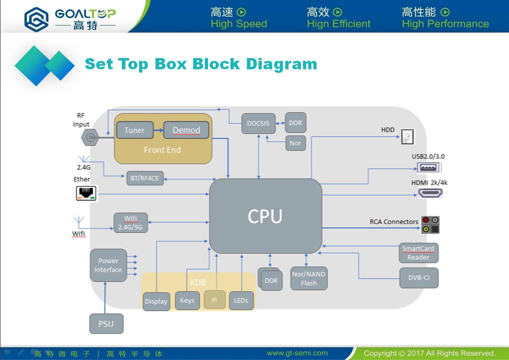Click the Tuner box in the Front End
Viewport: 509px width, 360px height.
[135, 130]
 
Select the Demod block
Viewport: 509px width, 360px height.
[186, 130]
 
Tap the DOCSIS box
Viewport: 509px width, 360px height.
[259, 123]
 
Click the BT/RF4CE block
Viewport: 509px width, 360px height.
[145, 178]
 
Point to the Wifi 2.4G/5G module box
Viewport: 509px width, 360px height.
[131, 223]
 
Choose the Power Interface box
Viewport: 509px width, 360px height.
[108, 265]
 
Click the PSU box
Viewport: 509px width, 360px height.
[106, 324]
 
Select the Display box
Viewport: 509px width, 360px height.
[156, 302]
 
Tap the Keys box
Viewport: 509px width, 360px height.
[188, 300]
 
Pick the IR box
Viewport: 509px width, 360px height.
[214, 300]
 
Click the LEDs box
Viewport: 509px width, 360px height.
[241, 300]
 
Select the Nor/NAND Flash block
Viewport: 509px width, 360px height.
[309, 279]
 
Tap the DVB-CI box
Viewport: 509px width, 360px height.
[419, 278]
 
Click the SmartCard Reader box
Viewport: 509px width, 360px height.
[418, 253]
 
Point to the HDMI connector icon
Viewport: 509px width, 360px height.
[430, 193]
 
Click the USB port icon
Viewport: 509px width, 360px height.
[428, 168]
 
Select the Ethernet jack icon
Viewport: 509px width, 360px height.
[86, 193]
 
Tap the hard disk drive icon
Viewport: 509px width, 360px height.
[408, 137]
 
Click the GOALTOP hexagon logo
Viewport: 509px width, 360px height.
[36, 19]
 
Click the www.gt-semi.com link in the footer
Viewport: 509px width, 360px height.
[297, 353]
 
